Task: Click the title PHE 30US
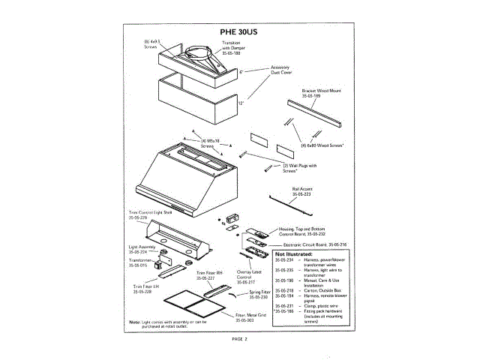tap(239, 32)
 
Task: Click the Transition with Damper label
tap(232, 46)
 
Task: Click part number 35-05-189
tap(310, 97)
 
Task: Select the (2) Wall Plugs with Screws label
tap(300, 168)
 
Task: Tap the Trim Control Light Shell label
tap(151, 214)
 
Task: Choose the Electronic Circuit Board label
tap(316, 244)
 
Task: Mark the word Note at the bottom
tap(134, 321)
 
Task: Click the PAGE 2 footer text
tap(239, 339)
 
